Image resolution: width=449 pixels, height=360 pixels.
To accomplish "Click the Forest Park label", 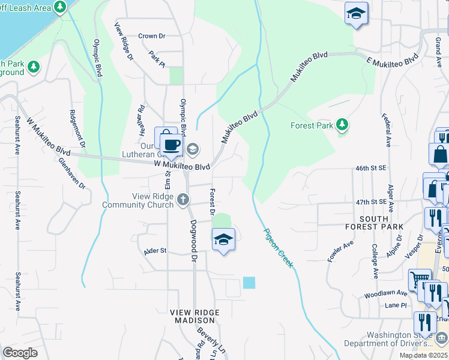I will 312,126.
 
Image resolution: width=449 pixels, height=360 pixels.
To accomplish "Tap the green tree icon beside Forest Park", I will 342,125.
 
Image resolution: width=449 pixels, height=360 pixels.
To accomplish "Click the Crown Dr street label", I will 151,36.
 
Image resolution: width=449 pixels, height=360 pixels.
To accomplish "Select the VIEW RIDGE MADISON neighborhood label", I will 194,317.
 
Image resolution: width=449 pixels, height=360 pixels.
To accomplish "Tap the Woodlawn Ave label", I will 385,295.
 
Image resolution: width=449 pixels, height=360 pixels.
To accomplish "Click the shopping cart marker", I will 419,280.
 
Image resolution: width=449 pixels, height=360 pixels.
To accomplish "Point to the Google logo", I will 20,352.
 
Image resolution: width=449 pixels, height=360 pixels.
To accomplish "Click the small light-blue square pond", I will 249,282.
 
